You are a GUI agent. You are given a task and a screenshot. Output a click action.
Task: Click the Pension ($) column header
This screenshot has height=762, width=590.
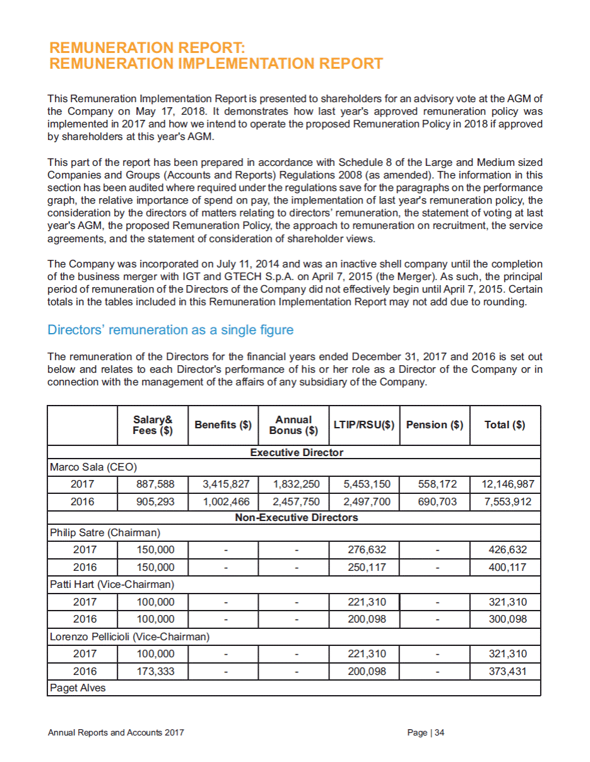click(x=434, y=425)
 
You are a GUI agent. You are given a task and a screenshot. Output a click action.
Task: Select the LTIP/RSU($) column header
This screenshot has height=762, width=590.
click(x=363, y=425)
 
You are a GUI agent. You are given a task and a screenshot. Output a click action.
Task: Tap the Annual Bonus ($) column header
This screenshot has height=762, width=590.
click(x=293, y=425)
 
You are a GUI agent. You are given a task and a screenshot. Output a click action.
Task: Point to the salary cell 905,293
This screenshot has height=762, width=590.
click(x=155, y=502)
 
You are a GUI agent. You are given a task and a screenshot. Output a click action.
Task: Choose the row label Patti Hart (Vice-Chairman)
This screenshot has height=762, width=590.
click(x=112, y=584)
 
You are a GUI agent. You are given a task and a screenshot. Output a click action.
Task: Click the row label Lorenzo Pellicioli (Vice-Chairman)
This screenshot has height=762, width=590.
click(x=129, y=636)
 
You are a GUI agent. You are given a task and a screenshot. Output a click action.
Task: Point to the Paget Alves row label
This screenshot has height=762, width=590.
click(x=78, y=688)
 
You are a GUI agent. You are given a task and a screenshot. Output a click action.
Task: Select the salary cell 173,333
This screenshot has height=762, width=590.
click(x=155, y=670)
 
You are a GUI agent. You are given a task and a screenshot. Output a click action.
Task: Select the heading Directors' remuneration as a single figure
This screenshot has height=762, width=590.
click(x=170, y=330)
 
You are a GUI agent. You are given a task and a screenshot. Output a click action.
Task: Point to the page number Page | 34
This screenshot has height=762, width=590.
click(x=427, y=733)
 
